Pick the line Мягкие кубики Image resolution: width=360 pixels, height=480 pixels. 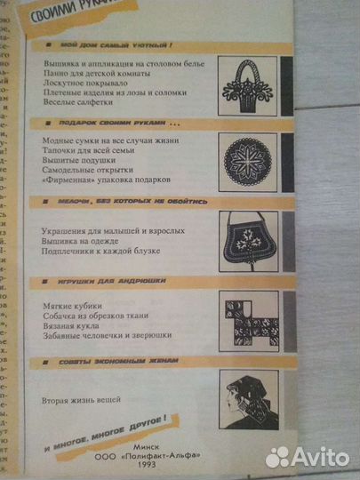pyautogui.click(x=71, y=307)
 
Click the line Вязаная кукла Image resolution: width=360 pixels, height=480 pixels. pyautogui.click(x=70, y=326)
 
